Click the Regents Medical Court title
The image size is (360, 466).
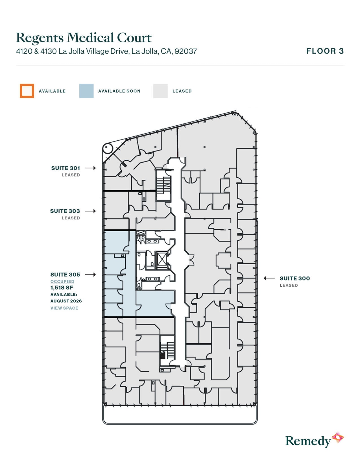[x=84, y=38]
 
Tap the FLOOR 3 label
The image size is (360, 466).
[x=325, y=51]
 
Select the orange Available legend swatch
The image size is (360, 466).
[x=27, y=91]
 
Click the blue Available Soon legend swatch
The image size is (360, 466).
[x=86, y=91]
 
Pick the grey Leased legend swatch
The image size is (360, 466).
[x=160, y=91]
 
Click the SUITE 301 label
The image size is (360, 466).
[x=66, y=168]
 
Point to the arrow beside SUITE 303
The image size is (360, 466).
[x=90, y=211]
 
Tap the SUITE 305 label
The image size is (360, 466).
[x=65, y=275]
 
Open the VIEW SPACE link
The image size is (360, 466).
[x=64, y=308]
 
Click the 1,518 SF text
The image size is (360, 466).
[x=62, y=288]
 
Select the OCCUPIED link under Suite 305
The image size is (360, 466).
[x=62, y=282]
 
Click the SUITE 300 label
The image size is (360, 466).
[x=295, y=278]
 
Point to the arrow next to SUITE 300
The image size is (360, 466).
[x=269, y=278]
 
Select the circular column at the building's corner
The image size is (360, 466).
[x=107, y=148]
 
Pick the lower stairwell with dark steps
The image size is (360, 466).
[x=167, y=350]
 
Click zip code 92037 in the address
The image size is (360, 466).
[x=186, y=51]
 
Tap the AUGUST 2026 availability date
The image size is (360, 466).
[x=66, y=301]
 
